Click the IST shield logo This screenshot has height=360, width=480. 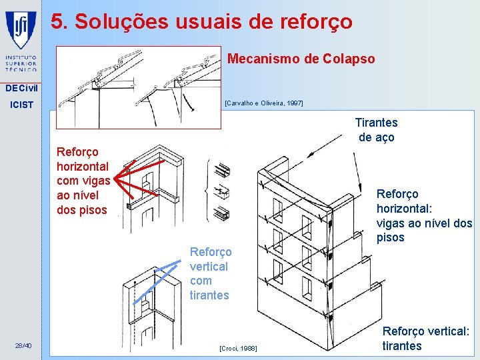point(21,30)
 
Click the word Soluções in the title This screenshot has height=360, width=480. point(121,21)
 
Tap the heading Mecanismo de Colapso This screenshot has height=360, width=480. point(301,59)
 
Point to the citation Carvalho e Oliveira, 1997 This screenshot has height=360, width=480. point(264,103)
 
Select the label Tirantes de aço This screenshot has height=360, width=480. point(377,130)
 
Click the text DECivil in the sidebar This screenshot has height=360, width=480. point(21,88)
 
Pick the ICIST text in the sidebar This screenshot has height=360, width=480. point(21,105)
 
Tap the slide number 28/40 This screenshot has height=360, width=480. point(23,346)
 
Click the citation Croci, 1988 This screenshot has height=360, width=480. point(238,349)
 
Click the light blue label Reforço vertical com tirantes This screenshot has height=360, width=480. point(211,273)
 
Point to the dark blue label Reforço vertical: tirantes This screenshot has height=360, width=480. point(426,338)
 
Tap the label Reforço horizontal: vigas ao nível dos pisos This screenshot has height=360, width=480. point(424,216)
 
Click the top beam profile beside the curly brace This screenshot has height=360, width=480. point(223,170)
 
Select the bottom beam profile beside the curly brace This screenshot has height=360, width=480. point(221,213)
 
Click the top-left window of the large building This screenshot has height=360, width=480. point(277,210)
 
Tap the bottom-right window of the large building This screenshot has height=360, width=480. point(307,289)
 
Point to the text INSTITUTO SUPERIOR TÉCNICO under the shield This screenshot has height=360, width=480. point(21,63)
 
